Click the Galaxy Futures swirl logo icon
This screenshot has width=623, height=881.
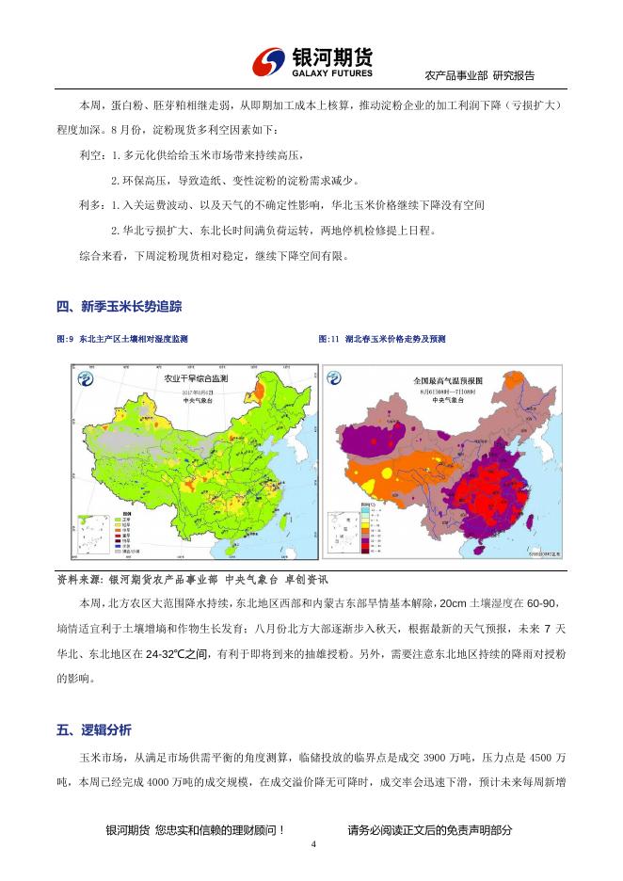click(269, 63)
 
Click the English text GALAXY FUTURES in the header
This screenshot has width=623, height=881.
click(332, 73)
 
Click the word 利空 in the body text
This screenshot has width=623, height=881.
click(90, 154)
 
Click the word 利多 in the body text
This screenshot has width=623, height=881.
click(90, 204)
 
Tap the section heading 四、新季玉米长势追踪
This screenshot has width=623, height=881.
click(119, 306)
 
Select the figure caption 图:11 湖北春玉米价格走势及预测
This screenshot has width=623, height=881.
click(382, 339)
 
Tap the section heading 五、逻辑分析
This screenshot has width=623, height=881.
click(94, 729)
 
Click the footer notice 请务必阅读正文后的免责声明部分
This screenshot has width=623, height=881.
click(429, 830)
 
